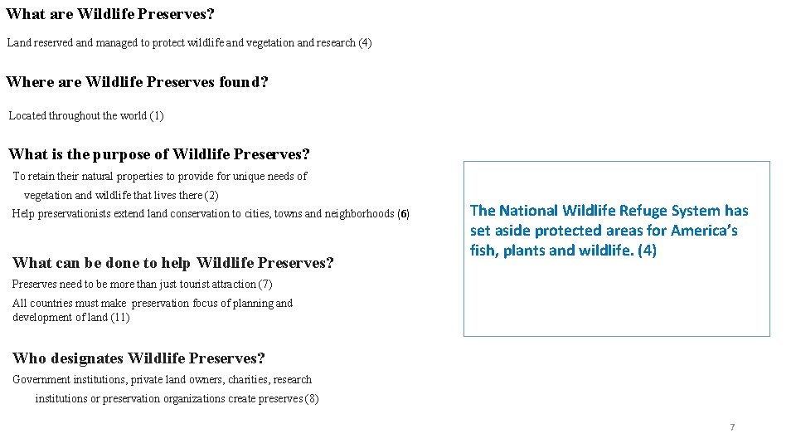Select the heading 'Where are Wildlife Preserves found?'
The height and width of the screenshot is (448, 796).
pos(138,82)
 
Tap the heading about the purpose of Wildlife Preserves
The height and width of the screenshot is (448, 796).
pos(159,154)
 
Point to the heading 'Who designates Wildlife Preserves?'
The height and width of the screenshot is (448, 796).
pos(138,358)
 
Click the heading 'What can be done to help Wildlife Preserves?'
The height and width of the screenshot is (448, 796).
pos(173,263)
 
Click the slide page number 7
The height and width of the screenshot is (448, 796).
pos(732,427)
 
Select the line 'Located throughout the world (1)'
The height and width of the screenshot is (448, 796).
pos(86,116)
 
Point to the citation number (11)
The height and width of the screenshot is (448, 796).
pos(119,318)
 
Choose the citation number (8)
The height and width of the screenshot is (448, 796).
pos(311,399)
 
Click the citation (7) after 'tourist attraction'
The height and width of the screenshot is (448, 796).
pos(265,285)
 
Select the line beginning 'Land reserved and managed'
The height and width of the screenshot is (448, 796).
pos(189,43)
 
